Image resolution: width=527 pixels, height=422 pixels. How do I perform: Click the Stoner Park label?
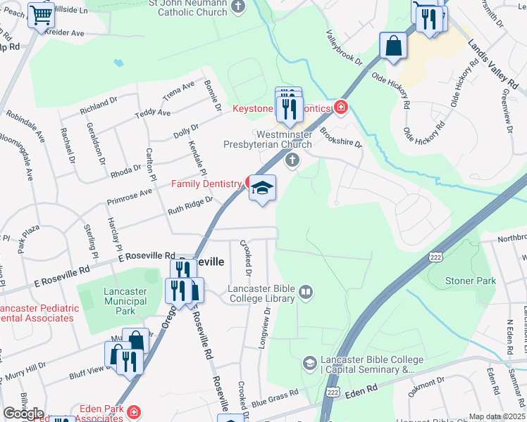point(471,281)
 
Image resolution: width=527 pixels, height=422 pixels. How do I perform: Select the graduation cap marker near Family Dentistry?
point(262,188)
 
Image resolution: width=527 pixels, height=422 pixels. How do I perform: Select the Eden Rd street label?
point(362,388)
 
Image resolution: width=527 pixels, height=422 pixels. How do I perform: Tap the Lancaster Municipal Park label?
point(125,301)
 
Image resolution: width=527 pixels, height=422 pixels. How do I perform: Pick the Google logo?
point(23,414)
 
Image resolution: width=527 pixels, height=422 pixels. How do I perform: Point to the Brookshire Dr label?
point(340,134)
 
